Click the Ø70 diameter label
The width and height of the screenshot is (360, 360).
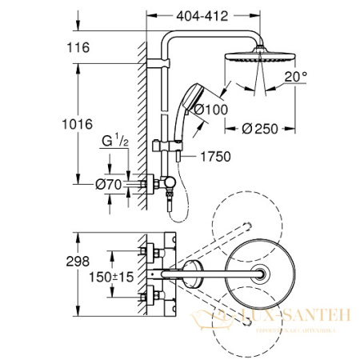click(112, 182)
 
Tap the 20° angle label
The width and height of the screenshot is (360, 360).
click(297, 78)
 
